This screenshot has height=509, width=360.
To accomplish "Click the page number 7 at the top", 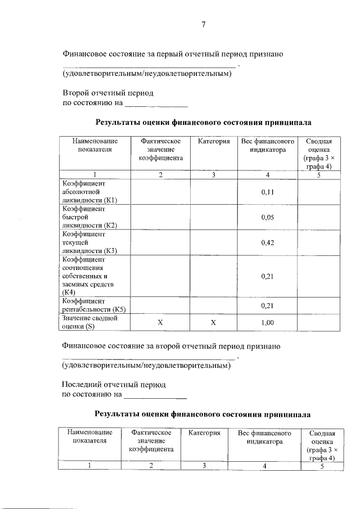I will (204, 24).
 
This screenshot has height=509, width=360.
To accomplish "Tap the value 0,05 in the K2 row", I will (267, 217).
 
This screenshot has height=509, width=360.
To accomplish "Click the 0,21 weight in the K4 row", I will (267, 276).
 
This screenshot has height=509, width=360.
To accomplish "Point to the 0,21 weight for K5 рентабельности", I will (267, 305).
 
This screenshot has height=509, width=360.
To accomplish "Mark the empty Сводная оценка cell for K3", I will (318, 242).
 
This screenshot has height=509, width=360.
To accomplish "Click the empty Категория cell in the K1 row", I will (213, 192).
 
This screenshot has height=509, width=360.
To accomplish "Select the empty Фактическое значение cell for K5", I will (160, 305).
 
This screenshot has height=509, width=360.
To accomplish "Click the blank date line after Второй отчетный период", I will (156, 105).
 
